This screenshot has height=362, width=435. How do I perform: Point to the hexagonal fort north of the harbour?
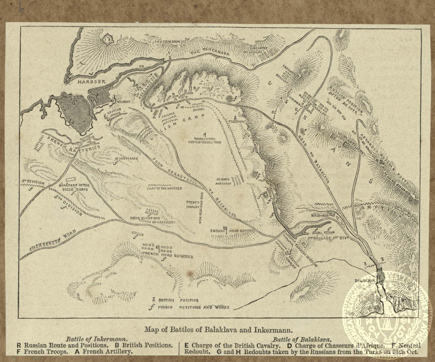pos(108,38)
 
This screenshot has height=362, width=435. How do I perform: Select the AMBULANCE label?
pos(127,158)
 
